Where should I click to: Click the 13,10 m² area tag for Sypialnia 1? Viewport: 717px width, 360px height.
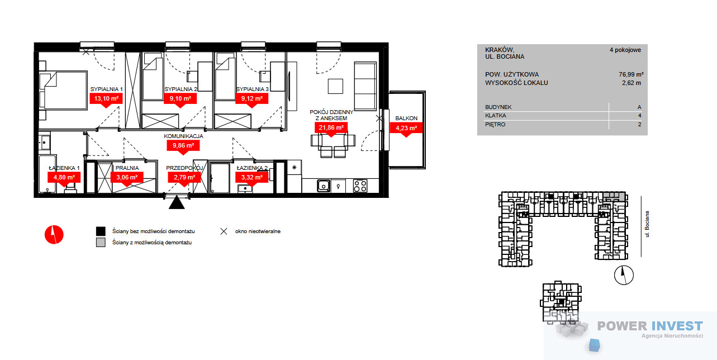pyautogui.click(x=106, y=98)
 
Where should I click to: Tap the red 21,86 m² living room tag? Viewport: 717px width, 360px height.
pyautogui.click(x=331, y=128)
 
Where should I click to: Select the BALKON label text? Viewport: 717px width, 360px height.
pyautogui.click(x=406, y=118)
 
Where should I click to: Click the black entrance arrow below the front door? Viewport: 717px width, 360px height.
pyautogui.click(x=177, y=202)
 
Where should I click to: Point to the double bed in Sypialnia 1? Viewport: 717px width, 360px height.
pyautogui.click(x=63, y=91)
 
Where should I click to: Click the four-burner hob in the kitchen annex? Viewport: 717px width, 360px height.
pyautogui.click(x=360, y=186)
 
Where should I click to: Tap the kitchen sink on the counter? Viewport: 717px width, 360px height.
pyautogui.click(x=324, y=186)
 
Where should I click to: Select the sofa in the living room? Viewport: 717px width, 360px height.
pyautogui.click(x=365, y=87)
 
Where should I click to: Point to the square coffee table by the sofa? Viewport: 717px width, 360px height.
pyautogui.click(x=335, y=86)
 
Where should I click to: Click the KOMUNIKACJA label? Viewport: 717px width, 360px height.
pyautogui.click(x=183, y=136)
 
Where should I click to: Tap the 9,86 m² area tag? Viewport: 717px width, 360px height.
pyautogui.click(x=183, y=146)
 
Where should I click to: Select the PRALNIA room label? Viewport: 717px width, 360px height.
pyautogui.click(x=127, y=168)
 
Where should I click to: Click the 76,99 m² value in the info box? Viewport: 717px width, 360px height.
pyautogui.click(x=631, y=74)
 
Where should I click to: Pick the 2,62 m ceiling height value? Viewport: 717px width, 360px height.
pyautogui.click(x=631, y=83)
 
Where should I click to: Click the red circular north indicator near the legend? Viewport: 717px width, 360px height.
pyautogui.click(x=54, y=235)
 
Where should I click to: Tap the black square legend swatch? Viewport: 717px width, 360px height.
pyautogui.click(x=101, y=231)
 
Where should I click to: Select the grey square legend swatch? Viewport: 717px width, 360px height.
pyautogui.click(x=101, y=242)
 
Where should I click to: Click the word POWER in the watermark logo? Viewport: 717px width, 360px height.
pyautogui.click(x=622, y=326)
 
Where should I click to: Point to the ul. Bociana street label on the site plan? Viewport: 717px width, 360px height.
pyautogui.click(x=647, y=224)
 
